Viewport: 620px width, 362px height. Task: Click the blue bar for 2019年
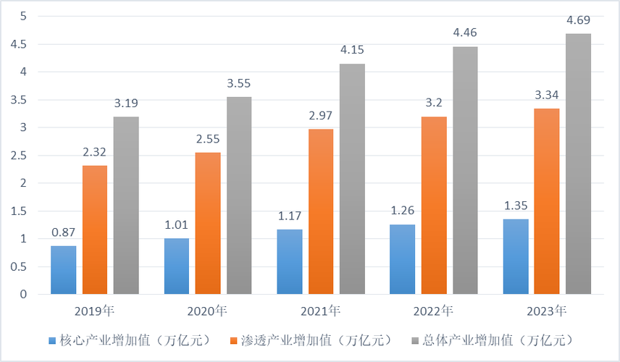(x=63, y=270)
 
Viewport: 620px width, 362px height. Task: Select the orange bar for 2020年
(x=208, y=223)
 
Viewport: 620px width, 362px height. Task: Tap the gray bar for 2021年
(x=352, y=179)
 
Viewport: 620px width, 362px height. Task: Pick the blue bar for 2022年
(x=402, y=259)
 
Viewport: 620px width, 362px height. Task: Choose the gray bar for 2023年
(x=578, y=164)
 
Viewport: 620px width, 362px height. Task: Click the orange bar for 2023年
(x=546, y=201)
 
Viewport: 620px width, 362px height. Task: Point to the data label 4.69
(x=578, y=21)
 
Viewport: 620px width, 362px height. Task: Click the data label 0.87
(x=63, y=233)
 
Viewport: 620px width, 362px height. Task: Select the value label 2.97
(x=320, y=117)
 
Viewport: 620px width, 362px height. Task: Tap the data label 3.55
(x=239, y=84)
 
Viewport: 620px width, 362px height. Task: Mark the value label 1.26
(x=402, y=211)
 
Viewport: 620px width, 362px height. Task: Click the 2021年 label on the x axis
(x=320, y=311)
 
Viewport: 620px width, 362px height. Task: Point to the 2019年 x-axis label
(x=95, y=311)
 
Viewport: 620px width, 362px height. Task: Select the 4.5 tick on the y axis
(x=18, y=44)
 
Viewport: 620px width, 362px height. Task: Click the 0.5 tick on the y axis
(x=18, y=266)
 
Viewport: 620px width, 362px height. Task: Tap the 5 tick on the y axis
(x=23, y=16)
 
